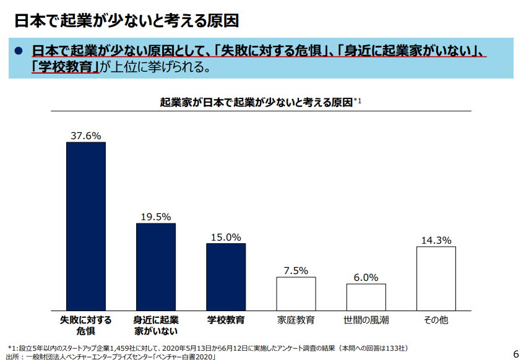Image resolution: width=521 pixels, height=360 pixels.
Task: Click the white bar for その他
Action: tap(436, 278)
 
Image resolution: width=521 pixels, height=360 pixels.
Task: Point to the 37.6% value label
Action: tap(86, 135)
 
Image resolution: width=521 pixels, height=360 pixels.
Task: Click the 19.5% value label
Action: tap(156, 216)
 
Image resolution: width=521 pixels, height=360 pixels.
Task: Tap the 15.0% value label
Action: tap(226, 236)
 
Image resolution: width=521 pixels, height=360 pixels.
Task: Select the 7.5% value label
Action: tap(296, 270)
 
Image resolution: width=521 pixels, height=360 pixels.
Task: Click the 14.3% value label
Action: tap(436, 240)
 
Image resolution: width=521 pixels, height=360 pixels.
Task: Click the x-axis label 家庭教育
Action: tap(296, 320)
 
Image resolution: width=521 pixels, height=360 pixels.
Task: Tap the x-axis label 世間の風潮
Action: tap(366, 320)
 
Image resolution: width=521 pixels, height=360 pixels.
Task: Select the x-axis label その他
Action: tap(436, 320)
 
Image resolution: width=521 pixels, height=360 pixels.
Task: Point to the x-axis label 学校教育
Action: tap(226, 320)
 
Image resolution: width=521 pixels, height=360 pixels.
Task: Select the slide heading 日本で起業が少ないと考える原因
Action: tap(127, 21)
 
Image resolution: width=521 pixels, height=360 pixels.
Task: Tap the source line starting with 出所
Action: tap(111, 356)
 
